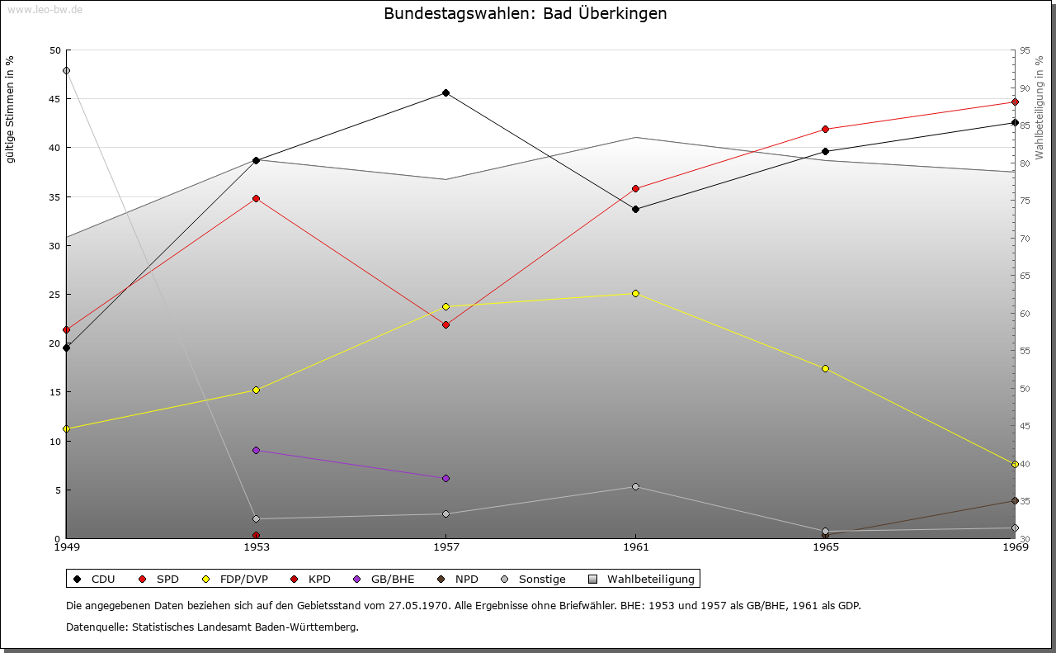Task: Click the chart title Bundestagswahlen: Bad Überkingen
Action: (x=526, y=13)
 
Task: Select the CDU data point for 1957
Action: (x=445, y=92)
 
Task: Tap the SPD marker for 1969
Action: (x=1015, y=102)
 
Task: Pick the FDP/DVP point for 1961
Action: (x=635, y=293)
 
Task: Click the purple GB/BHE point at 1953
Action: (x=256, y=450)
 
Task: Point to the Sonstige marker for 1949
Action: (x=66, y=70)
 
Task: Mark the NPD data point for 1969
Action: (x=1015, y=501)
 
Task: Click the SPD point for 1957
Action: (x=445, y=324)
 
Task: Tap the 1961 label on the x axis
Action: (x=635, y=547)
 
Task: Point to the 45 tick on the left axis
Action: (x=54, y=99)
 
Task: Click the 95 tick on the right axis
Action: (x=1025, y=50)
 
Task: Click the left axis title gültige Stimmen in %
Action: (x=11, y=110)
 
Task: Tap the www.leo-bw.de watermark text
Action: (x=45, y=9)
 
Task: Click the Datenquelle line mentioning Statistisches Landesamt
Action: (x=212, y=627)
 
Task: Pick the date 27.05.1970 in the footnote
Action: (x=420, y=605)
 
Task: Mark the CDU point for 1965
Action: (x=825, y=151)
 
